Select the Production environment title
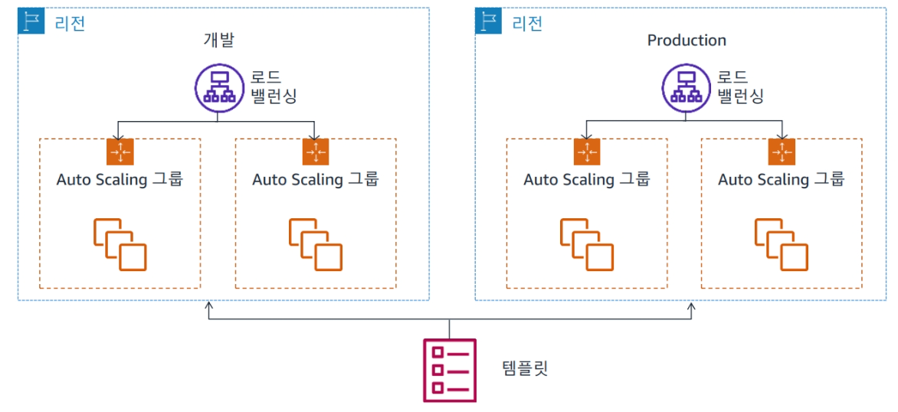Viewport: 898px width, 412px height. coord(687,41)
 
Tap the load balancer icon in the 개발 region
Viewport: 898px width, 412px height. coord(218,86)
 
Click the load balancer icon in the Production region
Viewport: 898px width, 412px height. coord(684,86)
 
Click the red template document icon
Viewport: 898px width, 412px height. coord(450,370)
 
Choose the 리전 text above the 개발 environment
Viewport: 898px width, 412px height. coord(70,22)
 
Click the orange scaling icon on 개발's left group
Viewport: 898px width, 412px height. coord(120,152)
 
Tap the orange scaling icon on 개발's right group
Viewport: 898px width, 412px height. coord(315,152)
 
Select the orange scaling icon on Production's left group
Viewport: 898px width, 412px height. coord(587,152)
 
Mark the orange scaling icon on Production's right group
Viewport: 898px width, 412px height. coord(782,152)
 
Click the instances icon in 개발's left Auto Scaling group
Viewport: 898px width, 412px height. coord(120,243)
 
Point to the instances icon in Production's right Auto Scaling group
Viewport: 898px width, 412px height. coord(782,243)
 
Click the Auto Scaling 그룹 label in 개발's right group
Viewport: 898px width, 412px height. coord(315,180)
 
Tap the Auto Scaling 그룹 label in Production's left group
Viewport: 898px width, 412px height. coord(587,180)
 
